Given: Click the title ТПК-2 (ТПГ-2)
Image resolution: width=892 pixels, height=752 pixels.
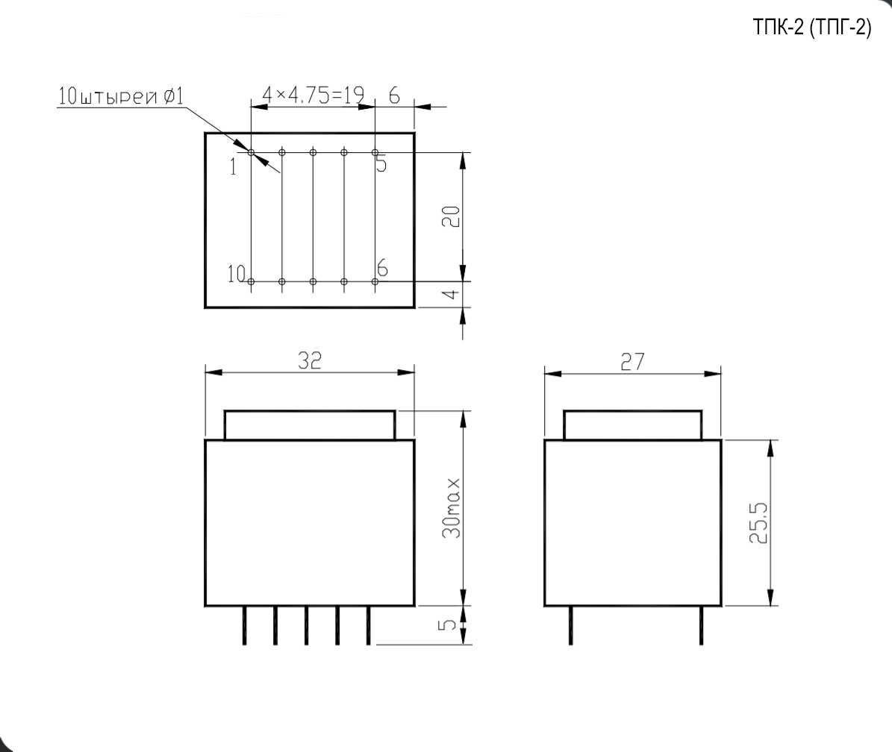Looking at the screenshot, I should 812,28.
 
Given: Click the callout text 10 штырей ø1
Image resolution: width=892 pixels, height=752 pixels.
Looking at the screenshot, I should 120,96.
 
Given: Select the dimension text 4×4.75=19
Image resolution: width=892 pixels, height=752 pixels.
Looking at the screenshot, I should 313,95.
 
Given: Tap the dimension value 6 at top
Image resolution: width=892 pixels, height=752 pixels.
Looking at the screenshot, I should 393,95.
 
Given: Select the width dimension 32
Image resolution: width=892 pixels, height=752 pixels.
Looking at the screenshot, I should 310,361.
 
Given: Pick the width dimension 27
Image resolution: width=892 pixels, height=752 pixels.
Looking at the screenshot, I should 632,363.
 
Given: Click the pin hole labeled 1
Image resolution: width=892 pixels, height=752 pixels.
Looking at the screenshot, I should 251,152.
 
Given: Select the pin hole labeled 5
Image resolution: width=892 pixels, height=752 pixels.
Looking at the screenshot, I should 375,152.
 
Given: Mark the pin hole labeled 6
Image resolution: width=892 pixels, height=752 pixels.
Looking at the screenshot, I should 375,281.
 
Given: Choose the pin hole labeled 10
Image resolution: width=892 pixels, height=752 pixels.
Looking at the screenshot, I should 251,281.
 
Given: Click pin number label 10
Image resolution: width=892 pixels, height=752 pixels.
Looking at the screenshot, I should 237,275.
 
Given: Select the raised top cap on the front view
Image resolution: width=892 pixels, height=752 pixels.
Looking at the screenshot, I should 310,425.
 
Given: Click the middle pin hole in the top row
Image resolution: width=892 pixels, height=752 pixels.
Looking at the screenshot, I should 313,152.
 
